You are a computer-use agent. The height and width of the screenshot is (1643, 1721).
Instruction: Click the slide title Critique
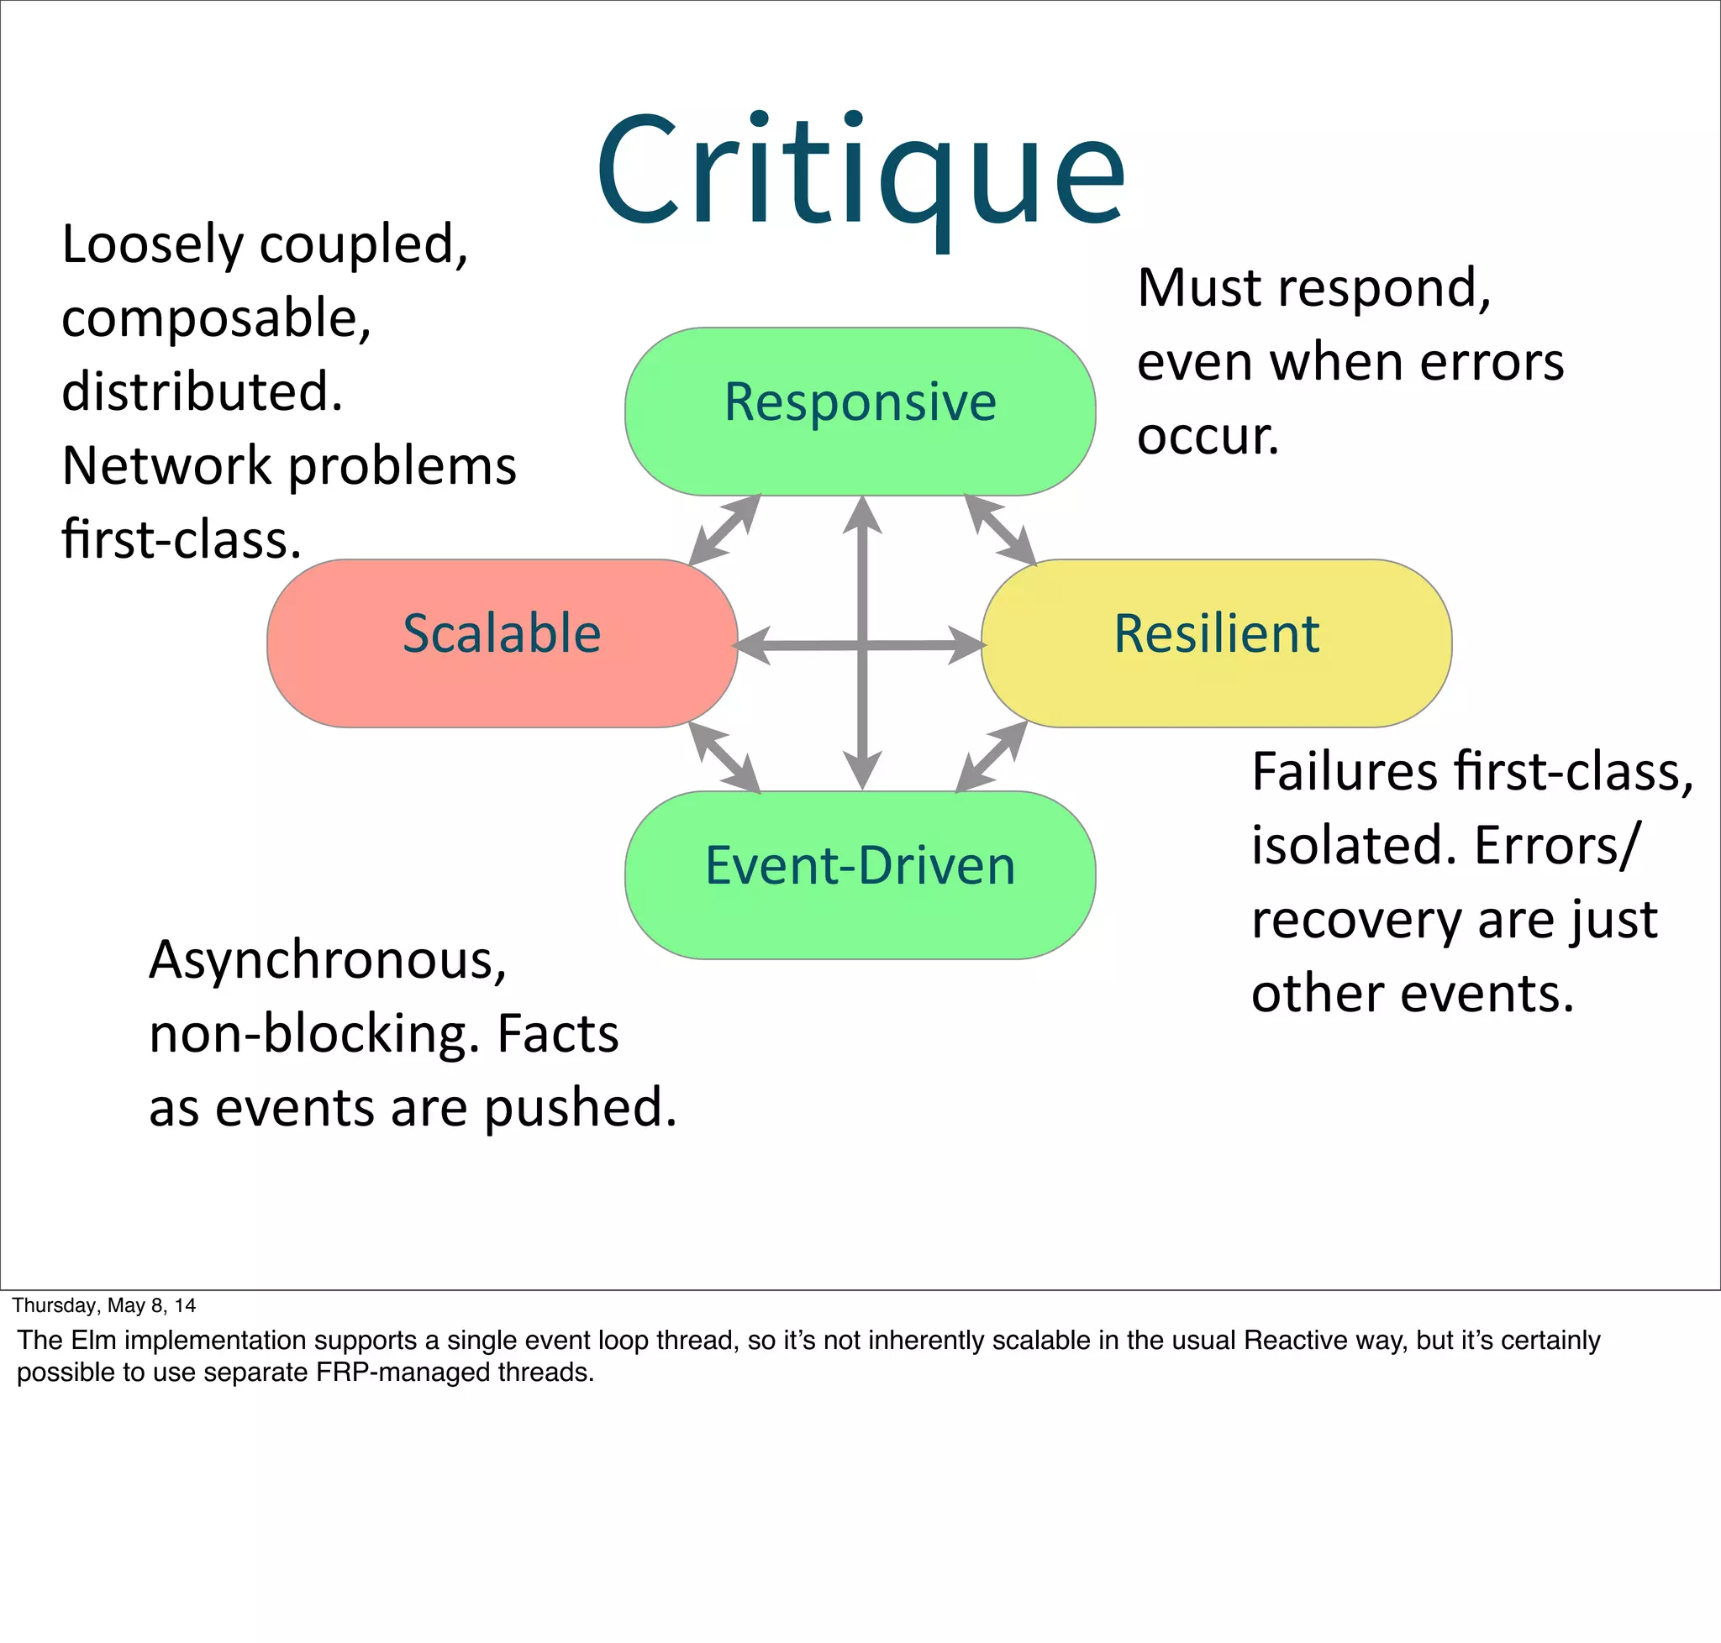[860, 171]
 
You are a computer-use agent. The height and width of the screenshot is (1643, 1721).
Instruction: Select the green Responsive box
[860, 411]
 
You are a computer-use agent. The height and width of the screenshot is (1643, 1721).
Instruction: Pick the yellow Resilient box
[1216, 643]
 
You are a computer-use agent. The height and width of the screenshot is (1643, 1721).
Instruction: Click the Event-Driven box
[860, 874]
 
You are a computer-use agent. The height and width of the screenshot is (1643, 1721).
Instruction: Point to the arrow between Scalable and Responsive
[724, 529]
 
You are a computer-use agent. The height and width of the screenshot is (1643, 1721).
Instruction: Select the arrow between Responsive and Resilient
[1000, 529]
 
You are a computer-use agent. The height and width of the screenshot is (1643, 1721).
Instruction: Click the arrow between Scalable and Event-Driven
[724, 758]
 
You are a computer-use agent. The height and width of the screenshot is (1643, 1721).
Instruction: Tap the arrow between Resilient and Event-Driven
[991, 757]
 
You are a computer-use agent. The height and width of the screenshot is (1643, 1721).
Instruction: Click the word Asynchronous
[328, 960]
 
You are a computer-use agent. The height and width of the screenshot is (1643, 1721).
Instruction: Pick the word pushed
[580, 1108]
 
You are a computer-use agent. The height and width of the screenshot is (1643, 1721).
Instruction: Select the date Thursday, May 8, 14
[104, 1306]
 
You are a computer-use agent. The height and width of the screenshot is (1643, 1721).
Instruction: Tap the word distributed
[203, 391]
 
